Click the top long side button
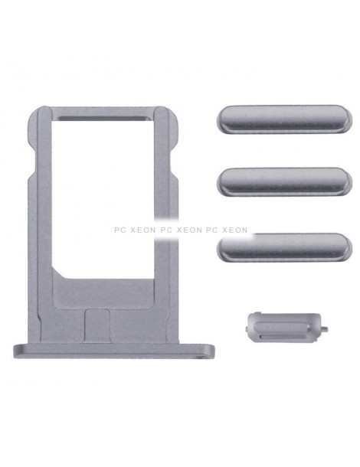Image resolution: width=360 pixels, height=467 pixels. coord(285,119)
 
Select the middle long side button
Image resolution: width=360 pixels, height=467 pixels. coord(285,181)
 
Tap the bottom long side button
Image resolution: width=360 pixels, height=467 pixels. coord(285,247)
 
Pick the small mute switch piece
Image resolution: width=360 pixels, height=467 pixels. coord(286,327)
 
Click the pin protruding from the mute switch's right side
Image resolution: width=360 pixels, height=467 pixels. coord(325,329)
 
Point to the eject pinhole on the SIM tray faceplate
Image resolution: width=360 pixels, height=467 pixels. coord(204,354)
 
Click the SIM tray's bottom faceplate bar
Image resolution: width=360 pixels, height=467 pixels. coord(114,351)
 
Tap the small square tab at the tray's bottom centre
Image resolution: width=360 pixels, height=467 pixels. coord(97,325)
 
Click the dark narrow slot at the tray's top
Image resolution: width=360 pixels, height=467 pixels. coord(103,118)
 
